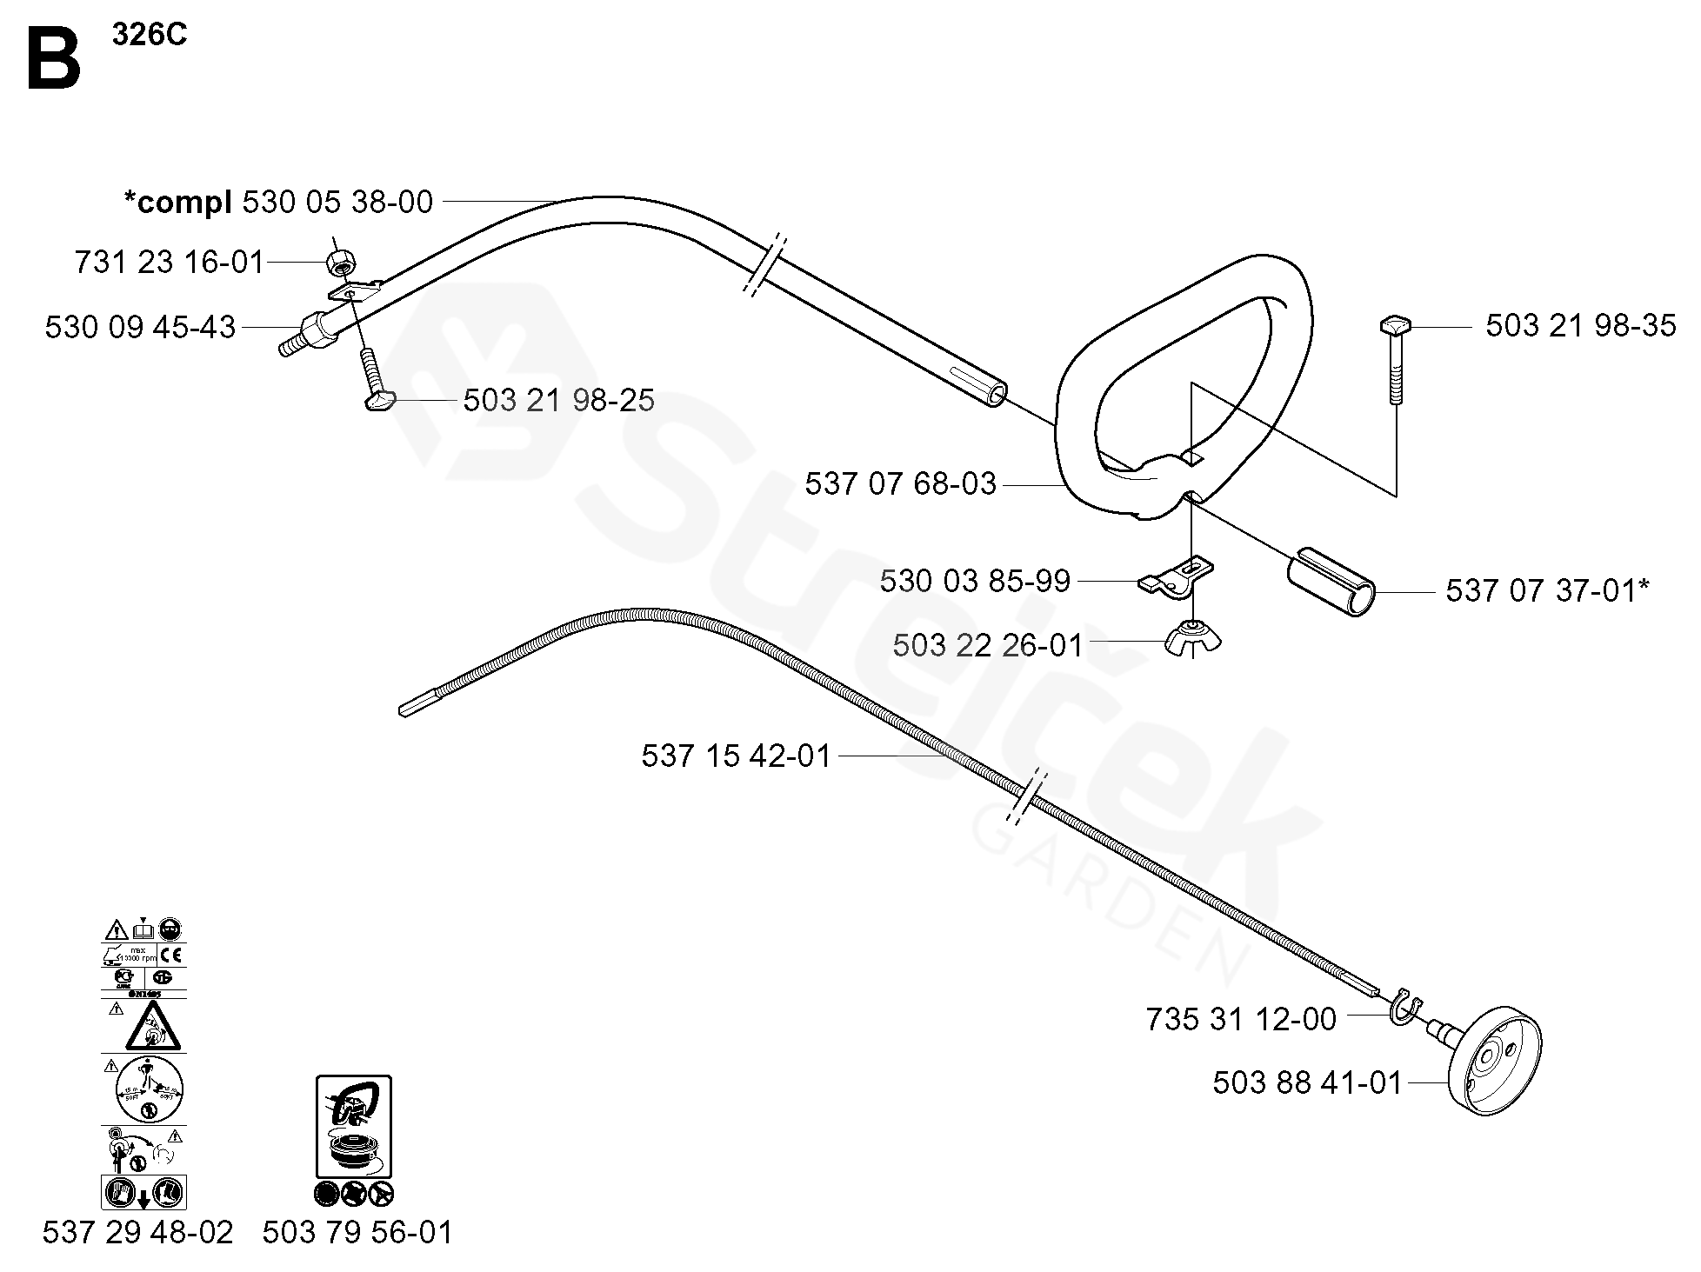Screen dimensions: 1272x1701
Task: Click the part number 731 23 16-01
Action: coord(169,262)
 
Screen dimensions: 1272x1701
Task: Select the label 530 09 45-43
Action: coord(140,328)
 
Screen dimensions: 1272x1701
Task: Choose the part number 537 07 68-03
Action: coord(900,484)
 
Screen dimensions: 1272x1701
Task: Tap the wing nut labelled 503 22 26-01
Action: coord(1193,639)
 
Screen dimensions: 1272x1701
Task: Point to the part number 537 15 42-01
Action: coord(737,756)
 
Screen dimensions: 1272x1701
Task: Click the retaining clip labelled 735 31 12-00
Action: coord(1404,1009)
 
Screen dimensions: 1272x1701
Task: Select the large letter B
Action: coord(54,58)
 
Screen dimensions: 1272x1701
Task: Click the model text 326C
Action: coord(149,36)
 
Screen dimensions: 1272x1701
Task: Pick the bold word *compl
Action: coord(177,203)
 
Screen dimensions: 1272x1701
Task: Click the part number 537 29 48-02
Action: coord(137,1233)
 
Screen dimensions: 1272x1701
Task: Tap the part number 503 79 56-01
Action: coord(357,1233)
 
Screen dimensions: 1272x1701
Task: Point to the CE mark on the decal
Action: coord(171,956)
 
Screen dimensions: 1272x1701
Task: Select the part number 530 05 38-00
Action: coord(337,203)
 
